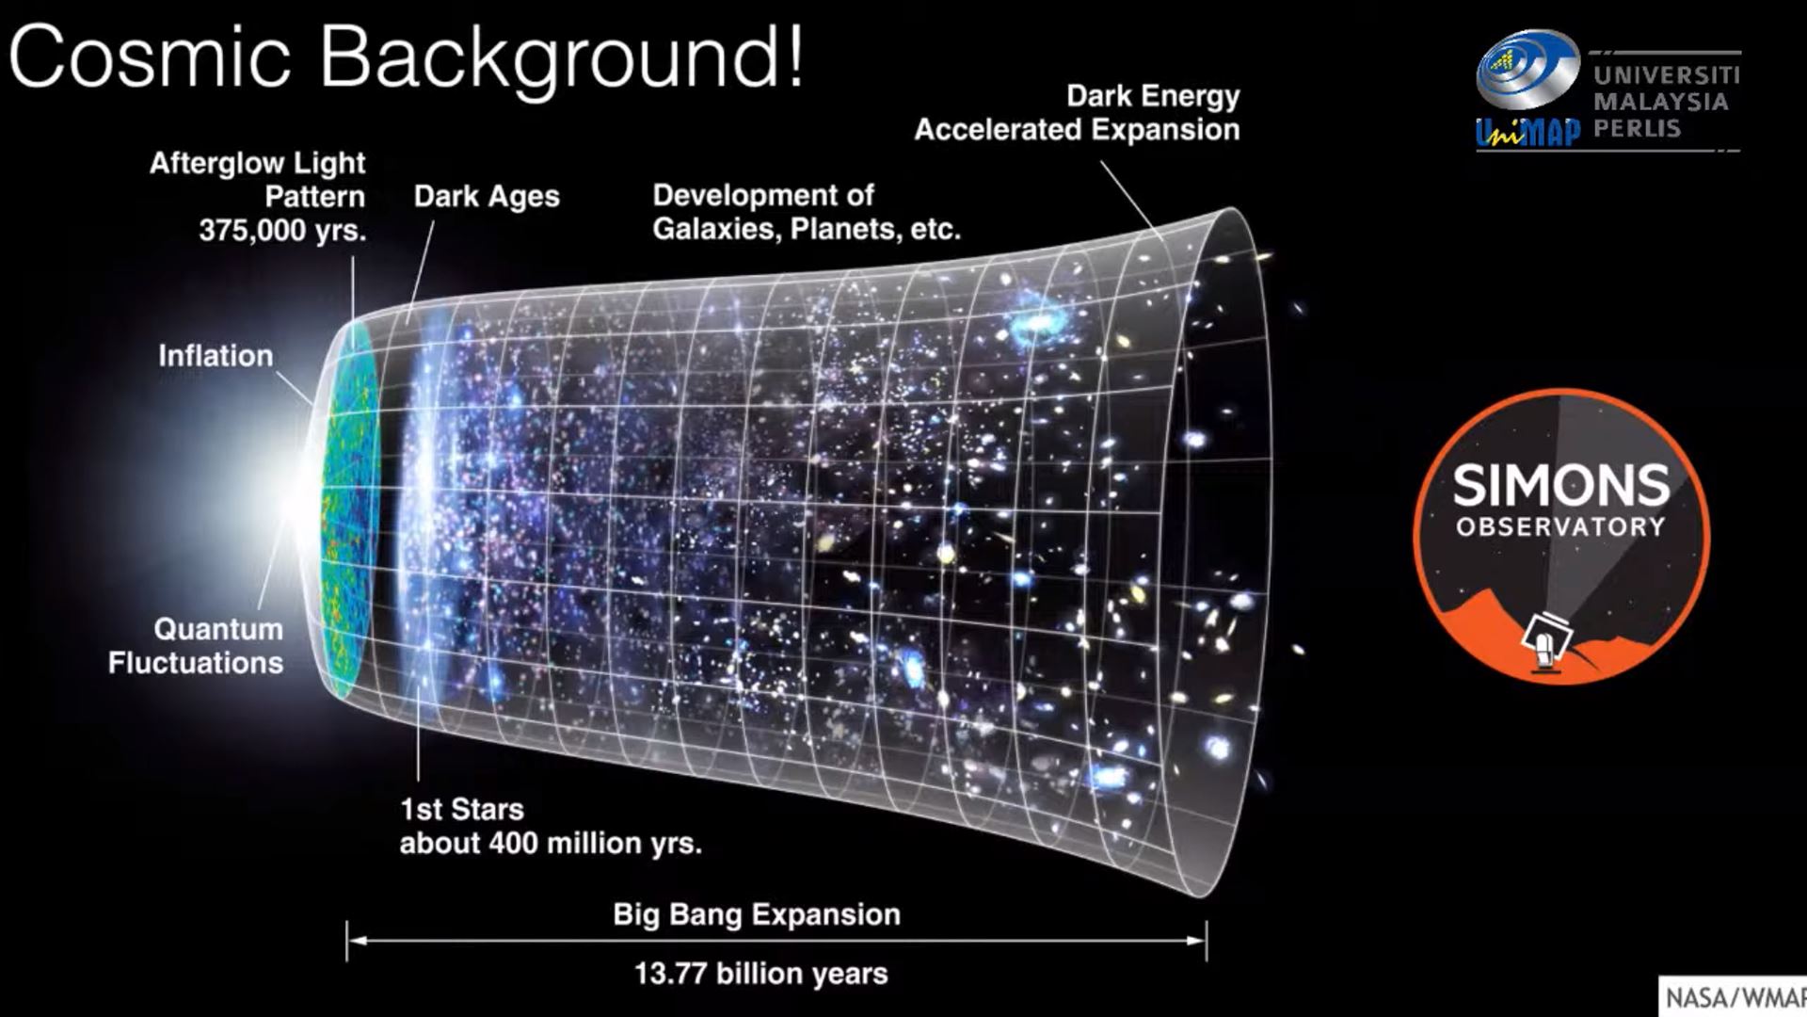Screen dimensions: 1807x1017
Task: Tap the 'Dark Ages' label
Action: tap(487, 197)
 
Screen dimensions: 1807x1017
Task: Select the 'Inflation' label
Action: tap(216, 356)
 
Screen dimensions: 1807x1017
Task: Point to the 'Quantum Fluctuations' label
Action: tap(196, 646)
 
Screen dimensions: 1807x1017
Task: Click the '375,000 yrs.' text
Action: tap(282, 231)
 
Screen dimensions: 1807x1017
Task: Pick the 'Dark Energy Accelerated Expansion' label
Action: tap(1078, 113)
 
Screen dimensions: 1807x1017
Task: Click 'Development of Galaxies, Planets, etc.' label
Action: tap(807, 212)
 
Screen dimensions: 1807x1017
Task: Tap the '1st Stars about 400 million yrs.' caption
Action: tap(551, 826)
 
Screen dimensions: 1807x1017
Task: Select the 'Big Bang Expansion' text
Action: tap(757, 914)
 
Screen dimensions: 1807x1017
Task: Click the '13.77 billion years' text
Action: tap(760, 973)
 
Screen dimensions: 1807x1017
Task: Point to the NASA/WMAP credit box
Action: tap(1733, 996)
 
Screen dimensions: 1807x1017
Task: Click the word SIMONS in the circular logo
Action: tap(1561, 486)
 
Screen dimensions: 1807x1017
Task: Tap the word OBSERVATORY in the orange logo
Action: tap(1561, 526)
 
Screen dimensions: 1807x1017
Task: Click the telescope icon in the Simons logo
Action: tap(1546, 640)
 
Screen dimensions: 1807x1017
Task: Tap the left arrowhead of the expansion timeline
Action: tap(355, 940)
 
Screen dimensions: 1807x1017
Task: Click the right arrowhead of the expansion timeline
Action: tap(1197, 940)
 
